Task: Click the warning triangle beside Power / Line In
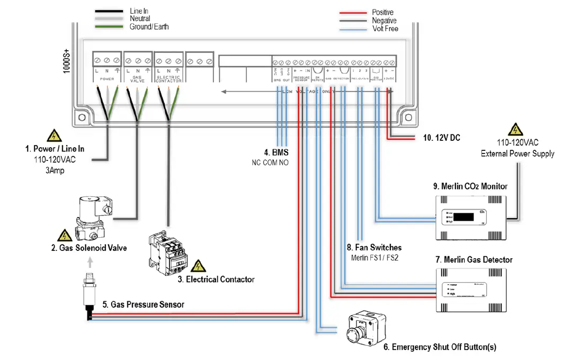click(x=54, y=136)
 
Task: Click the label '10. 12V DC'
click(x=441, y=138)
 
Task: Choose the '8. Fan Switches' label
click(x=374, y=247)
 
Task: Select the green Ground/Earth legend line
click(x=109, y=26)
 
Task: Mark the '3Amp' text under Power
click(x=54, y=170)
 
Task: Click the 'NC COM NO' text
click(x=270, y=163)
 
